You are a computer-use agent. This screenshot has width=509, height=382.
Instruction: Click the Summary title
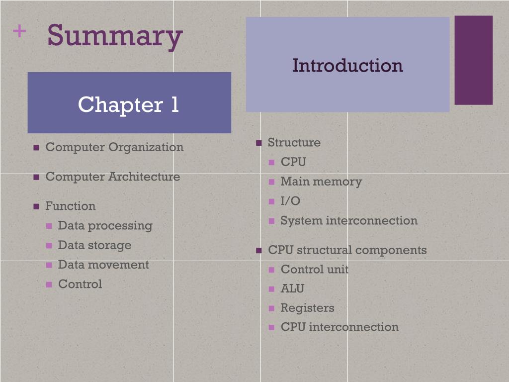click(x=115, y=36)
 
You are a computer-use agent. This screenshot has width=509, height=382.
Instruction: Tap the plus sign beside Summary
click(x=19, y=32)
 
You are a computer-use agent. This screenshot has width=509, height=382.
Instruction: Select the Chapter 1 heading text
click(x=128, y=104)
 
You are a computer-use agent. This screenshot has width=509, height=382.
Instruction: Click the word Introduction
click(x=347, y=65)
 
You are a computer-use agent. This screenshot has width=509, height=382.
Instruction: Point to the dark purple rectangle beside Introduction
click(x=473, y=60)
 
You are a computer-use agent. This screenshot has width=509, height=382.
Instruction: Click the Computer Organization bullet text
click(x=114, y=147)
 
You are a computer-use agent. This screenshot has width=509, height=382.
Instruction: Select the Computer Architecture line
click(x=112, y=177)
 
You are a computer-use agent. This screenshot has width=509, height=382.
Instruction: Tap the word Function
click(x=70, y=206)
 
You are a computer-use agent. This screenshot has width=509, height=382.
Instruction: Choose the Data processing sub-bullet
click(x=105, y=225)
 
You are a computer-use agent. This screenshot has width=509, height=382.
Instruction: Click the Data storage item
click(x=94, y=245)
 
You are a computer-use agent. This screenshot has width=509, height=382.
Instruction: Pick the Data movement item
click(x=103, y=265)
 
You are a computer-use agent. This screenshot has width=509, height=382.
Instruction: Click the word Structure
click(x=294, y=142)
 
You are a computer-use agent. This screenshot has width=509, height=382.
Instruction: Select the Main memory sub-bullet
click(x=321, y=182)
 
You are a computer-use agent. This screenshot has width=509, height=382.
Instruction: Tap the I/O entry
click(x=290, y=201)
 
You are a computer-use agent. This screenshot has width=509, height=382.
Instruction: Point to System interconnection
click(x=349, y=220)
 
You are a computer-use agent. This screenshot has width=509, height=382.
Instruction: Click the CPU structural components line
click(x=347, y=250)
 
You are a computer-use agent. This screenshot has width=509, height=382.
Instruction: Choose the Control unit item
click(x=315, y=269)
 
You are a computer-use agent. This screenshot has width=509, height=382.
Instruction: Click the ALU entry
click(x=292, y=288)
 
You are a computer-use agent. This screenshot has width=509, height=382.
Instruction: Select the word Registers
click(x=307, y=308)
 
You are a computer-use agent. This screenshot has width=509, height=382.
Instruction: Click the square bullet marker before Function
click(x=36, y=206)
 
